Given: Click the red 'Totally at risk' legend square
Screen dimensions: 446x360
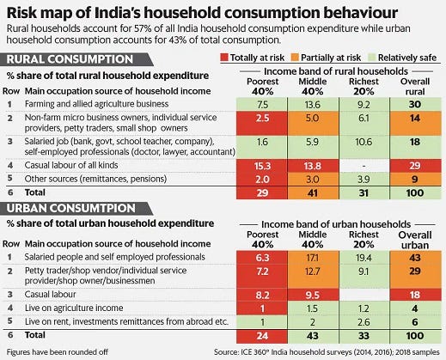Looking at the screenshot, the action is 224,58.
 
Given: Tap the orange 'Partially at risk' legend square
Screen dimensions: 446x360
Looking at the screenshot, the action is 295,58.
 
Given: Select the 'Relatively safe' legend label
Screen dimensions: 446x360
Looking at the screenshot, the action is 407,58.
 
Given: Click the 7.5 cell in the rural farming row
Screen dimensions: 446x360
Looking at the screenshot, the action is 262,105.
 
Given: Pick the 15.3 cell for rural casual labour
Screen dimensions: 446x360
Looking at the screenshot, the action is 262,166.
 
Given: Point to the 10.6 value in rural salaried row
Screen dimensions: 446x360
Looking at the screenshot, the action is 364,142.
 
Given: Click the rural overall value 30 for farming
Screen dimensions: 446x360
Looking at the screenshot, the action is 415,105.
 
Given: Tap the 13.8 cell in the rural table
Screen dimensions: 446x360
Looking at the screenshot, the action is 313,166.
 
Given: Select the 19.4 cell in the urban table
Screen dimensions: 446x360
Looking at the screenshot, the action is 364,258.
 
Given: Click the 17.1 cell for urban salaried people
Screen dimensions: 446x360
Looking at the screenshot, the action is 313,258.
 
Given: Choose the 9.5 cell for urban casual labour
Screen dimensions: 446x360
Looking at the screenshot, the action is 313,295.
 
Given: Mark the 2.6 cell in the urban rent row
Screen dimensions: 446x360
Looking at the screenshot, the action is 364,322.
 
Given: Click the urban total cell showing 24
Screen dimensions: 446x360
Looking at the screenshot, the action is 262,336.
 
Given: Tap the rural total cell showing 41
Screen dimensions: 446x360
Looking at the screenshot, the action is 313,192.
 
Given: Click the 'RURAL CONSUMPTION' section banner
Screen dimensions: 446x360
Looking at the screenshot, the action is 76,59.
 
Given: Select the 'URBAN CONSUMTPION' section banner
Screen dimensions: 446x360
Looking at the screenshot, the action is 76,209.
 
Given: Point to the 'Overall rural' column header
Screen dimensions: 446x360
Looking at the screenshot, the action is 415,87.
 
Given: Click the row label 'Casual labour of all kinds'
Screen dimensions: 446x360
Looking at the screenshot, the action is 71,165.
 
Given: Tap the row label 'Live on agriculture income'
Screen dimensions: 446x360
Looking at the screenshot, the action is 74,308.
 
